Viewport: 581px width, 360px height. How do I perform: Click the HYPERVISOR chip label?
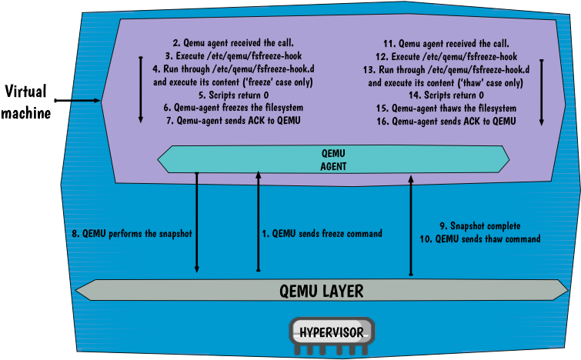coord(332,333)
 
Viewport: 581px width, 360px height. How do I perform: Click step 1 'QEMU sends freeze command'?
coord(322,233)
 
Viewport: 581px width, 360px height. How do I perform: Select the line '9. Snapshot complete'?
coord(480,226)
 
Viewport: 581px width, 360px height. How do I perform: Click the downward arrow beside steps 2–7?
coord(140,88)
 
